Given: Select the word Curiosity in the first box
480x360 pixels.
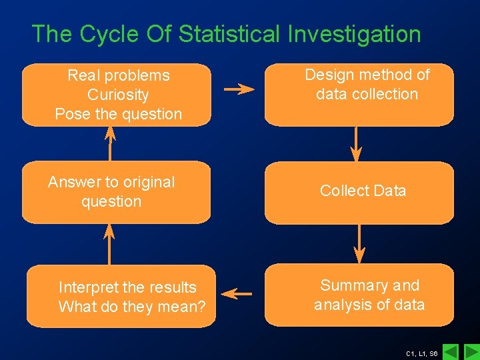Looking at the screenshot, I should click(x=118, y=95).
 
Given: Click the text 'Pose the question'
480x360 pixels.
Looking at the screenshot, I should click(x=118, y=114).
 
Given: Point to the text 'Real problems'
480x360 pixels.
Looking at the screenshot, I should click(x=118, y=75).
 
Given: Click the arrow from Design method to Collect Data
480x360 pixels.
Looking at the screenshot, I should click(x=357, y=143).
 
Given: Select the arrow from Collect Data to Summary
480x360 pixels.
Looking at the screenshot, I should click(x=359, y=243).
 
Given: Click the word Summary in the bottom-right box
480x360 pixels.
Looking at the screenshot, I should click(x=351, y=285).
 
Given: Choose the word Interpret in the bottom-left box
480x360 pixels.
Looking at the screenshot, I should click(x=88, y=287).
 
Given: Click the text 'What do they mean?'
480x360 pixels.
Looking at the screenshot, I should click(x=132, y=307).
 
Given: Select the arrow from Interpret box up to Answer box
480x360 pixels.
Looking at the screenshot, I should click(x=109, y=243).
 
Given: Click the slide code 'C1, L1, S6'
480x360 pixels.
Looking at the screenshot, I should click(x=421, y=353).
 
